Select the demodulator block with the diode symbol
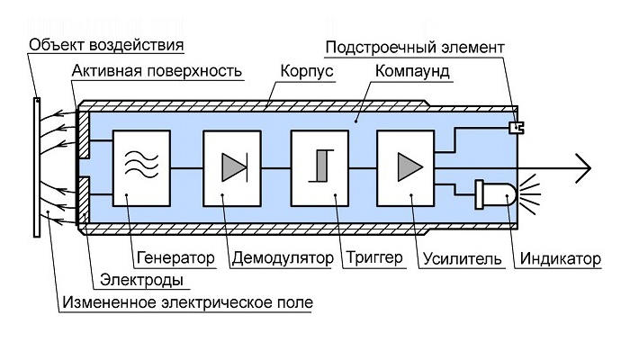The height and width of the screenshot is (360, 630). pos(234,168)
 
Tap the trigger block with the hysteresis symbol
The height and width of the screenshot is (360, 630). pos(320,168)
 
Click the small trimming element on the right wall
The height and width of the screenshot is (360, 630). pos(516,128)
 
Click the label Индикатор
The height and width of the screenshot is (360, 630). pos(559,259)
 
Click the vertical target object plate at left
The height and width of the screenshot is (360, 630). pos(36,166)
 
